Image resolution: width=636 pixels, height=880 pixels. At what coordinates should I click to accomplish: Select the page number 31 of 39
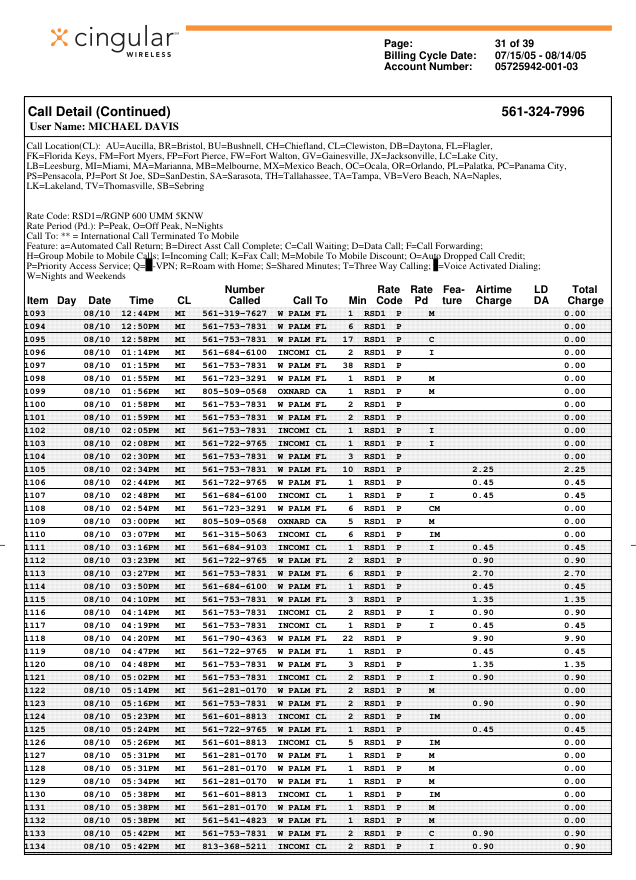click(515, 43)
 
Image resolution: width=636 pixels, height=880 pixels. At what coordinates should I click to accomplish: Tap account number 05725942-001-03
click(536, 67)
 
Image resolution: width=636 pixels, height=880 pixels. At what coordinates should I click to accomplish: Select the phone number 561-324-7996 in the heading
click(542, 111)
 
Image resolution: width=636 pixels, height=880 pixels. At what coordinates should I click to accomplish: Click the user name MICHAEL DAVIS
click(104, 127)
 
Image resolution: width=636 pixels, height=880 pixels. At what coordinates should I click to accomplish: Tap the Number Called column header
click(244, 294)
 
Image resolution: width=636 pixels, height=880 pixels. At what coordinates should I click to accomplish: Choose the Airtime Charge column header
click(493, 294)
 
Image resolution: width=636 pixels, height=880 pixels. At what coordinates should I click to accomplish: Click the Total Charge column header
click(584, 294)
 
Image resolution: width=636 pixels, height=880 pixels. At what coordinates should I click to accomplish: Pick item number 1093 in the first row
click(35, 313)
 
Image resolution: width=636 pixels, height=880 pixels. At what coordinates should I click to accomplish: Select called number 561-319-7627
click(234, 313)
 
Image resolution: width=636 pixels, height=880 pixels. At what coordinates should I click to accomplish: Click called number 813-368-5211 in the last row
click(234, 847)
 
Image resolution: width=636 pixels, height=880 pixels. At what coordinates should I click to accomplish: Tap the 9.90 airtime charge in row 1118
click(483, 638)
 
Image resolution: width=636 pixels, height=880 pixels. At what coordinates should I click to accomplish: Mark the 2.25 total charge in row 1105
click(574, 469)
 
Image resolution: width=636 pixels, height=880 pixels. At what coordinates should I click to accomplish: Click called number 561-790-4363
click(234, 638)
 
